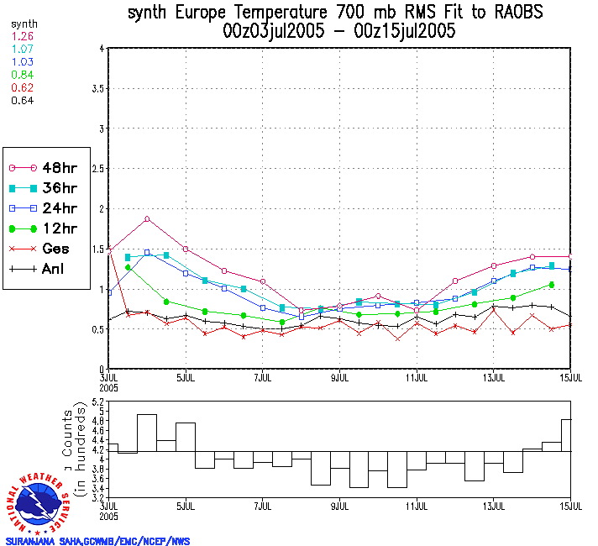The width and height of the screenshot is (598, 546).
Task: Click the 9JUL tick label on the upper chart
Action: click(340, 376)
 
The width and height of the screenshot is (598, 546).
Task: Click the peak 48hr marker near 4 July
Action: click(147, 219)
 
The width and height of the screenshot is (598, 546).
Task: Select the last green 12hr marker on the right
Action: click(552, 285)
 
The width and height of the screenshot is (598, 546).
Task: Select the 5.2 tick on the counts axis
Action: click(99, 404)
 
